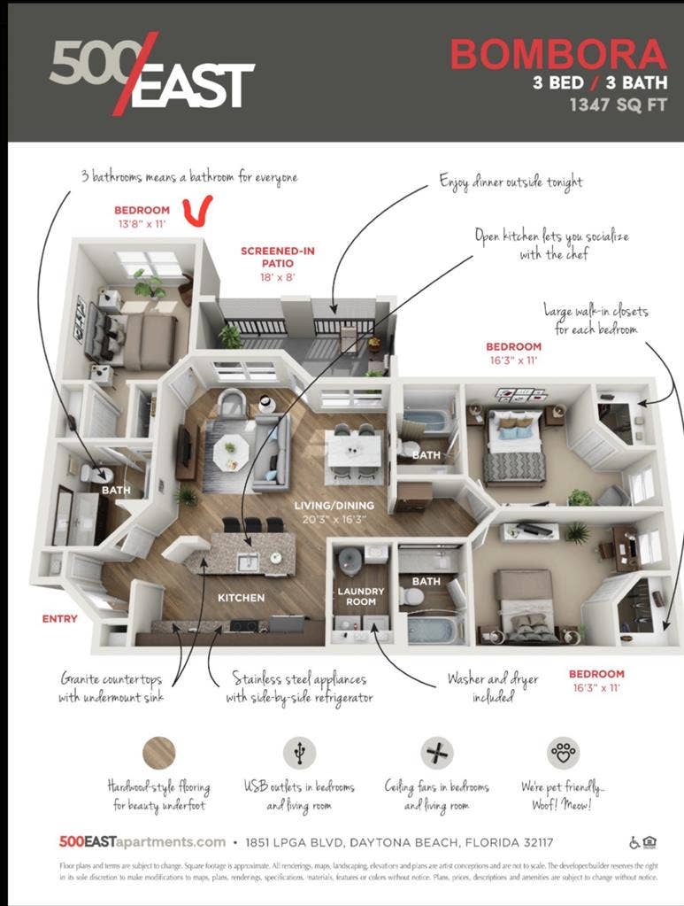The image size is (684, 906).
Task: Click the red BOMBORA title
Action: coord(557,55)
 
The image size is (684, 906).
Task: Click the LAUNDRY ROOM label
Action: coord(360,596)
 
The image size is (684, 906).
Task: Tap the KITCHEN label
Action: coord(241,598)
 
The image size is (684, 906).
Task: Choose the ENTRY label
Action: coord(59,618)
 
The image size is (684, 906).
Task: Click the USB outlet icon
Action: coord(299,753)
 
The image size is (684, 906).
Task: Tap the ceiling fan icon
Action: coord(437,753)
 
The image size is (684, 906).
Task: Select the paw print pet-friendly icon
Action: coord(564,753)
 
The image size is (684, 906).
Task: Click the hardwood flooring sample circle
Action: coord(159,753)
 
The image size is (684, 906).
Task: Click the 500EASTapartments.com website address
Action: coord(142,841)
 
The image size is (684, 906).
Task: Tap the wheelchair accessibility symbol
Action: coord(634,841)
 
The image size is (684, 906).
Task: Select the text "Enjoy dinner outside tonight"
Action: coord(511,182)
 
